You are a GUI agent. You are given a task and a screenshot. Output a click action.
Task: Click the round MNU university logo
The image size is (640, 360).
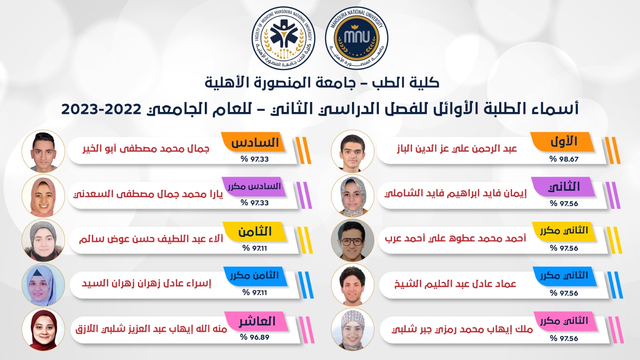point(356,38)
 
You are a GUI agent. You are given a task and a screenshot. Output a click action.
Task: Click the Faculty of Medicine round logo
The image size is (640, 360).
point(284,38)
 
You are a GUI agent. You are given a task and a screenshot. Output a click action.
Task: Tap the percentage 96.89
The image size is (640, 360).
point(255,337)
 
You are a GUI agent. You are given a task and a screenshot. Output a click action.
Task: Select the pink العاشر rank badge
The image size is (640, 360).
point(256,321)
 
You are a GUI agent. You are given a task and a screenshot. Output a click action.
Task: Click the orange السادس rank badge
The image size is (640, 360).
point(254,142)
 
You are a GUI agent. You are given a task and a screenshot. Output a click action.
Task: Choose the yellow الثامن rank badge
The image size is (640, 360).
point(254,232)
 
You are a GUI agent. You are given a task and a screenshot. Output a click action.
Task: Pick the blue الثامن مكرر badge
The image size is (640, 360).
point(255,276)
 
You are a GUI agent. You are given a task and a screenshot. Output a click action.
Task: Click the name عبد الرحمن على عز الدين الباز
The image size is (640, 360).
point(457,148)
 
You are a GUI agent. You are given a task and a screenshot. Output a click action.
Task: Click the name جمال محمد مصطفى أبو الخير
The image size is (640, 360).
point(146,148)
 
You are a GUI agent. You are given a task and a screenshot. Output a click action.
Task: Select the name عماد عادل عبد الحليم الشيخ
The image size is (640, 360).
point(455,284)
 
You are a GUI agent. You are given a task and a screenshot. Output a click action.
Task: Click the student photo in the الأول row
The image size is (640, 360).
point(352,151)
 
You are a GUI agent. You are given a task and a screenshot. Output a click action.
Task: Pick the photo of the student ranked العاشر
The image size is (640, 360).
point(44,329)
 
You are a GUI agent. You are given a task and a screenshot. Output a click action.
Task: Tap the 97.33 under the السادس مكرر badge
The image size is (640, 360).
point(255,203)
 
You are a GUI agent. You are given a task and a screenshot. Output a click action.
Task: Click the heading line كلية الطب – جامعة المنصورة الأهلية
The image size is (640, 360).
point(322,82)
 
